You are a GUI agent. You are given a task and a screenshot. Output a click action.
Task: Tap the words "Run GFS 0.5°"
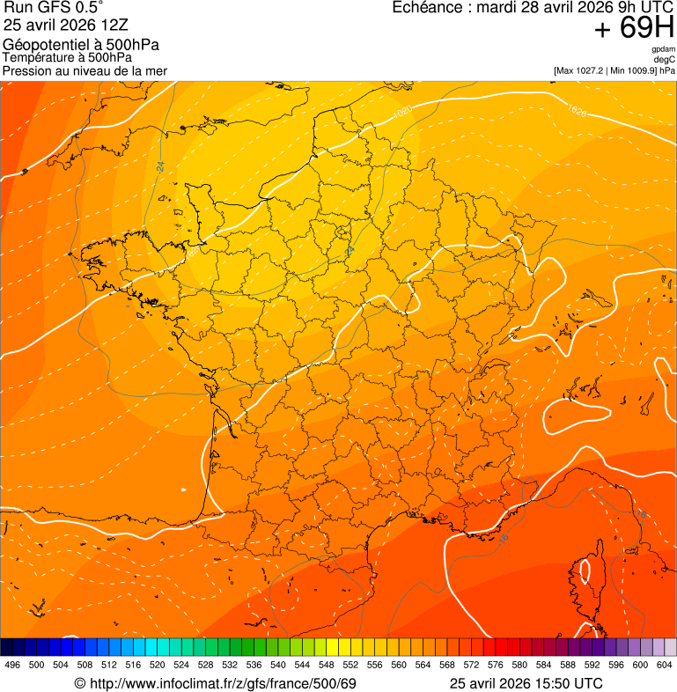54,8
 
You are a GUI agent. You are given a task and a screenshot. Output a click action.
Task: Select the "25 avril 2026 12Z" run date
63,25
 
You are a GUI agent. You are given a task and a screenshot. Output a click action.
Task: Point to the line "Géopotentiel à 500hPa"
82,45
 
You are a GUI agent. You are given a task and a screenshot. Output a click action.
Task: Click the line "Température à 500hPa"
68,57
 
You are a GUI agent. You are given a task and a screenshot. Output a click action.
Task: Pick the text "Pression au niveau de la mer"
85,70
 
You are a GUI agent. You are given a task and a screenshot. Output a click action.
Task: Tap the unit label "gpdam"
663,49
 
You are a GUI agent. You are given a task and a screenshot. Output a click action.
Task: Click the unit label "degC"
665,59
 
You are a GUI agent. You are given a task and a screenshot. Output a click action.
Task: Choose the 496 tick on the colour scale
12,666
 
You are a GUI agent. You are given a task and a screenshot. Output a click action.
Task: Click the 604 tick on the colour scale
664,666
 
